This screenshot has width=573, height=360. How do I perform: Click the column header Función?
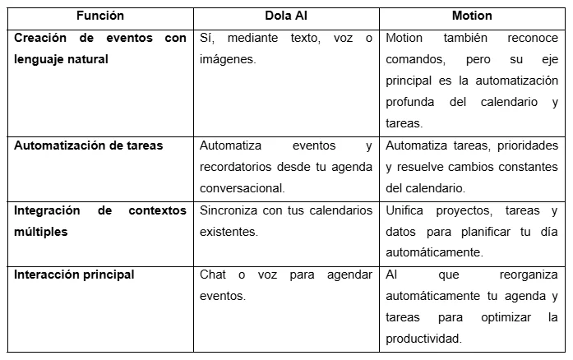tap(100, 16)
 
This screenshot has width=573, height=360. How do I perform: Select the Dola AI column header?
tap(287, 16)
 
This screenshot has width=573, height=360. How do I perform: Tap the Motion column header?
tap(472, 16)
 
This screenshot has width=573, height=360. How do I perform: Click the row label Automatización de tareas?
tap(88, 145)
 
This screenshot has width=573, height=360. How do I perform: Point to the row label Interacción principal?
tap(74, 275)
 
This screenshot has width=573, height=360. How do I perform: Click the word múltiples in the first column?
tap(40, 232)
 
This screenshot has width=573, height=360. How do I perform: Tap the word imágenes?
tap(228, 59)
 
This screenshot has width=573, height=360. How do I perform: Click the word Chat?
tap(213, 275)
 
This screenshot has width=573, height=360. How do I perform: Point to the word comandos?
tap(414, 59)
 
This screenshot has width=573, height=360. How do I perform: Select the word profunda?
tap(412, 103)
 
